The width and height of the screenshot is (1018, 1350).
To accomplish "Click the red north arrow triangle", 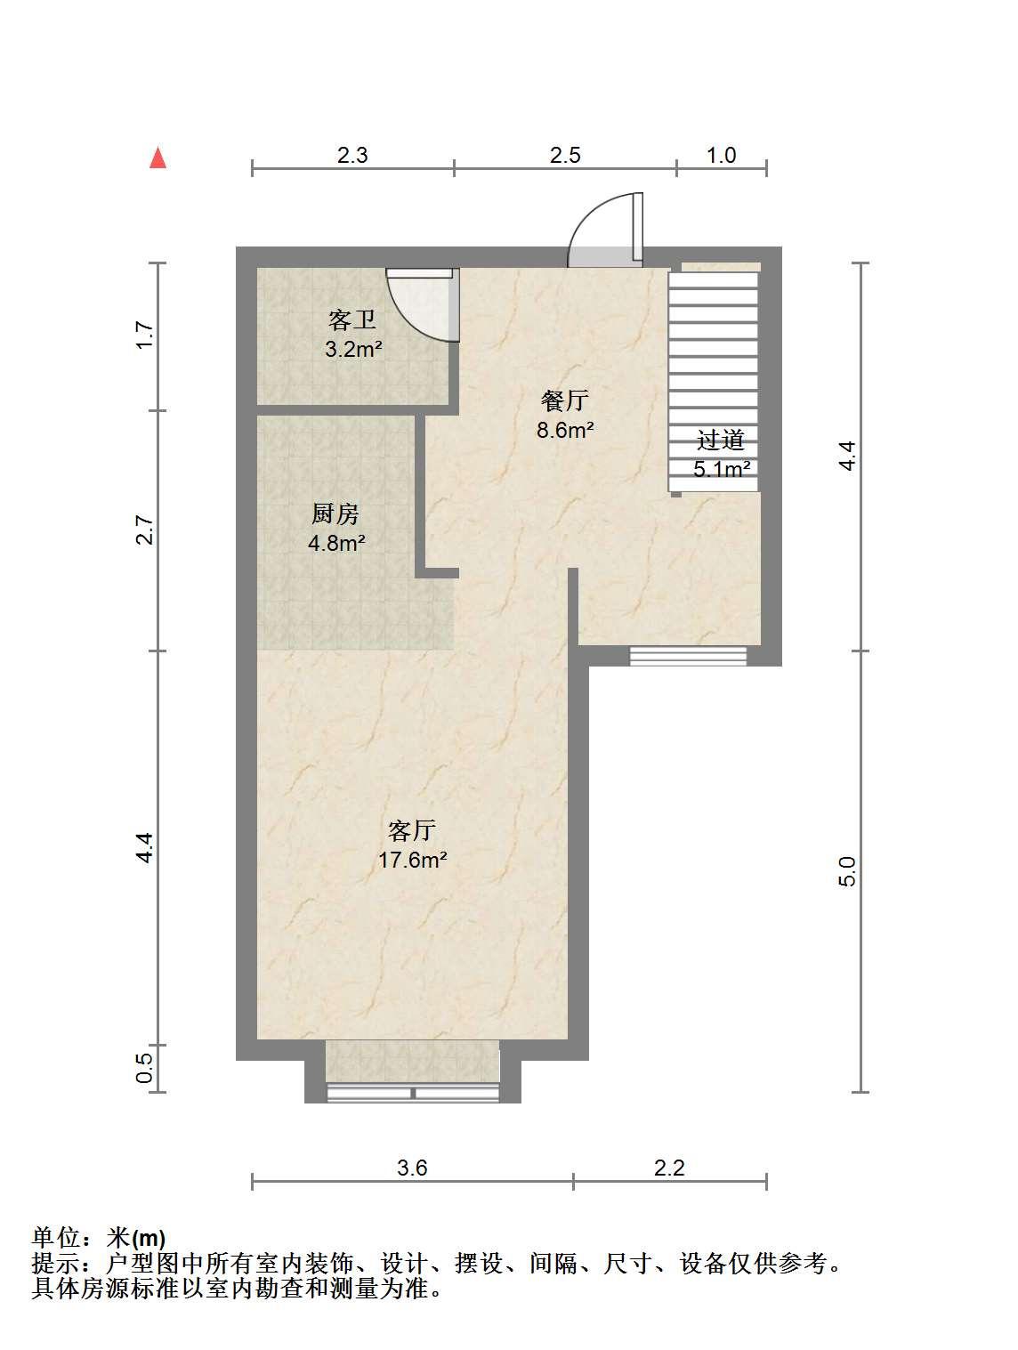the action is [x=158, y=158].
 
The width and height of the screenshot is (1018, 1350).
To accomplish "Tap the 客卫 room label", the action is [x=351, y=320].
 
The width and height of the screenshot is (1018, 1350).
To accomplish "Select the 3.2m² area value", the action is [x=353, y=350].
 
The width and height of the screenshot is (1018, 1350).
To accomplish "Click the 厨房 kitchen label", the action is [x=335, y=514].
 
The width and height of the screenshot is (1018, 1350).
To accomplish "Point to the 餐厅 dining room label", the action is [x=564, y=400].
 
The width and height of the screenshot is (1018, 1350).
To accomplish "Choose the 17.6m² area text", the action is [x=411, y=859].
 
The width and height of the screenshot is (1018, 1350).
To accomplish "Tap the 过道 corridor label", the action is [x=721, y=441].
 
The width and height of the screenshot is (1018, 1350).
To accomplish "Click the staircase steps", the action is [x=713, y=381].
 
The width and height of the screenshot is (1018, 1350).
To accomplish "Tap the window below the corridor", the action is [x=688, y=656].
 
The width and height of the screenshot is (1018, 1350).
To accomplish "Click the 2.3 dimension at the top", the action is [x=352, y=155].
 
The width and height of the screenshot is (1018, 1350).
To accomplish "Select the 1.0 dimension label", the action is [x=721, y=155].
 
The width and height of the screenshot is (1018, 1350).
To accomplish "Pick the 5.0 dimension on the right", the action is [x=847, y=871].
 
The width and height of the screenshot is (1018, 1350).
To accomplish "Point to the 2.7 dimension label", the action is [x=144, y=529].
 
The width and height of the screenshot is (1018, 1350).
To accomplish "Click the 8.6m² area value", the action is [x=565, y=430].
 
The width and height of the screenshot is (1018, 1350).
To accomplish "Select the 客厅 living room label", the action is [x=412, y=830].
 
